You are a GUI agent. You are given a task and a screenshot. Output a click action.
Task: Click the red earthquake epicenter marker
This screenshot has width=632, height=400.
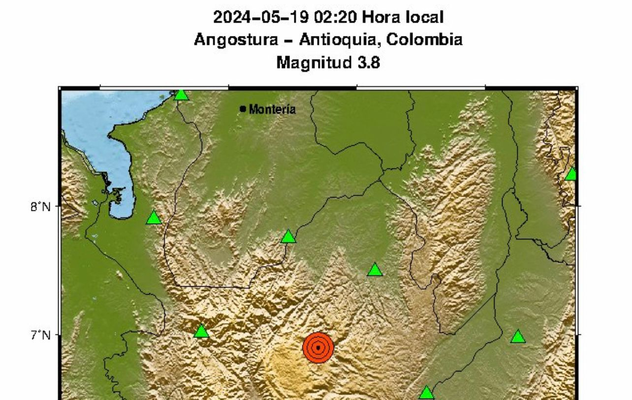(x=318, y=347)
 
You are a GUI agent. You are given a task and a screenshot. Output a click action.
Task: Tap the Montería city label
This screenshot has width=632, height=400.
(x=273, y=109)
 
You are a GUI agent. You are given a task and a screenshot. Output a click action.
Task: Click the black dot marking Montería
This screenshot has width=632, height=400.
(x=243, y=108)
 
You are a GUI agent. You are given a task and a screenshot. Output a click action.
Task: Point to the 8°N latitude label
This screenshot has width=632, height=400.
(x=40, y=207)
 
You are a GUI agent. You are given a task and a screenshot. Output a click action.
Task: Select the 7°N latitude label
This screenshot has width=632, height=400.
(x=40, y=336)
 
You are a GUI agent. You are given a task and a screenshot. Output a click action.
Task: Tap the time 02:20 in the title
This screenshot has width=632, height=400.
(x=328, y=18)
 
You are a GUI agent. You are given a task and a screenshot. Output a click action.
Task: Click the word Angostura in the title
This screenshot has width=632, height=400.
(x=235, y=40)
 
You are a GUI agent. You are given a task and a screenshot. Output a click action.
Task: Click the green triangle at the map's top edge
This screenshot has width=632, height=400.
(x=181, y=94)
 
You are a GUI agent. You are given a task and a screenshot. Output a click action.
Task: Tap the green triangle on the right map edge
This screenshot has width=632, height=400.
(x=571, y=174)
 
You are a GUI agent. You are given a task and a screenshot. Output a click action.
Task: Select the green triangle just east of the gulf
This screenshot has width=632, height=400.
(x=154, y=218)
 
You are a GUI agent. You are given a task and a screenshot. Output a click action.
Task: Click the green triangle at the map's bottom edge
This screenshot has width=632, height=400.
(x=426, y=393)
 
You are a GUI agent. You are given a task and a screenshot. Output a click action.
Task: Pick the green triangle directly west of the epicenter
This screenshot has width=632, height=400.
(x=201, y=332)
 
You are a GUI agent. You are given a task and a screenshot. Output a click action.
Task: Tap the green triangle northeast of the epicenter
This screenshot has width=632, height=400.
(x=375, y=270)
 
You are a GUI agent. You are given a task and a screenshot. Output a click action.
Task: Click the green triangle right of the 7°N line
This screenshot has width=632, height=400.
(x=518, y=337)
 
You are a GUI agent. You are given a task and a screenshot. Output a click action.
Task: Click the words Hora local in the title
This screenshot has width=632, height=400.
(x=403, y=18)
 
